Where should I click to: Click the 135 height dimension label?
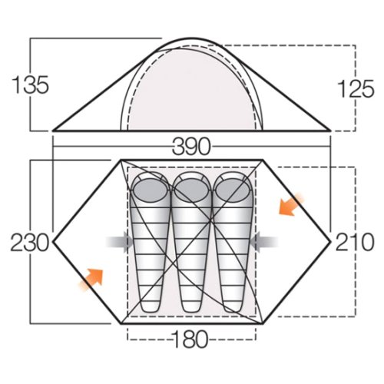point(30,84)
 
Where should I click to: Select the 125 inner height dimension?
point(356,88)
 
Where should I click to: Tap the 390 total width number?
point(191,147)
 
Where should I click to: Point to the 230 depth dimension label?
point(30,242)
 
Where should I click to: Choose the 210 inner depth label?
point(355,242)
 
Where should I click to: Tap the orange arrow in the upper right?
point(291,205)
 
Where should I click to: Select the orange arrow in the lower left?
point(91,280)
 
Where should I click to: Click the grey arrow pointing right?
point(119,242)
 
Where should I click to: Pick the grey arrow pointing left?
point(264,242)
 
